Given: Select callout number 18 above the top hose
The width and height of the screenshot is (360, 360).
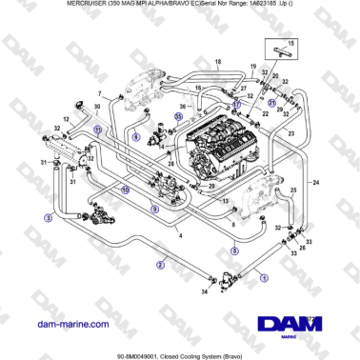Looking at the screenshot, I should pos(217,63).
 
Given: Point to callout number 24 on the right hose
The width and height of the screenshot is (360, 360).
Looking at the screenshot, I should pos(315,181).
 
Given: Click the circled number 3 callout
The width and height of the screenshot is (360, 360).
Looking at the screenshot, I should pos(49,217).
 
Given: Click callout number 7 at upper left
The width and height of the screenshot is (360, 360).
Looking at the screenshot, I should pos(99,92).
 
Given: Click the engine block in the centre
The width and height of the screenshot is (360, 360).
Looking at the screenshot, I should pos(214,138).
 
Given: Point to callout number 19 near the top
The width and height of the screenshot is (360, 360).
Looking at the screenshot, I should pos(253,67).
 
